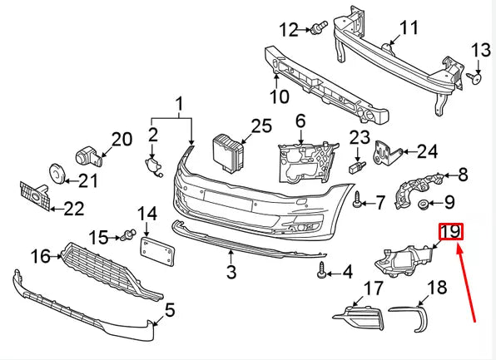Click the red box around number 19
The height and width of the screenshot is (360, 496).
click(450, 232)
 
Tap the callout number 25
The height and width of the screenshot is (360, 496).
click(261, 126)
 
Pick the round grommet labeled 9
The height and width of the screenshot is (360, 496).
click(423, 205)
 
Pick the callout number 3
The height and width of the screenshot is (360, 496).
click(231, 271)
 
